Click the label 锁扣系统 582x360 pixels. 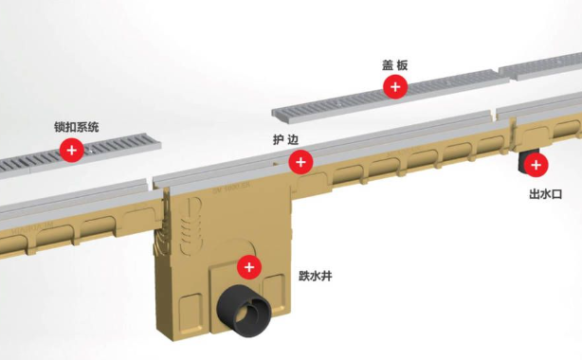(77, 127)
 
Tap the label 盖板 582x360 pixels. (395, 65)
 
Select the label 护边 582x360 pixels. (286, 140)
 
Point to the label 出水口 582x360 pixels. (545, 193)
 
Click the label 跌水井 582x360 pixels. (315, 276)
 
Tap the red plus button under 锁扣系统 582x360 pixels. (72, 150)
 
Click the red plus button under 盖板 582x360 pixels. (395, 87)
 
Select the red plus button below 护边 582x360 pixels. (300, 162)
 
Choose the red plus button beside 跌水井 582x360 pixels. (249, 267)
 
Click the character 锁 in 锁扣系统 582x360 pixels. (60, 127)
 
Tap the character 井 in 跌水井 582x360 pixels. (326, 276)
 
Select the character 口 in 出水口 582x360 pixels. (556, 193)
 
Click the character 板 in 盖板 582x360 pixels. (402, 65)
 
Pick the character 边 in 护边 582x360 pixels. (293, 140)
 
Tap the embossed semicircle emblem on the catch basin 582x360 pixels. (191, 225)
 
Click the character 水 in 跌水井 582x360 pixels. (315, 276)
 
